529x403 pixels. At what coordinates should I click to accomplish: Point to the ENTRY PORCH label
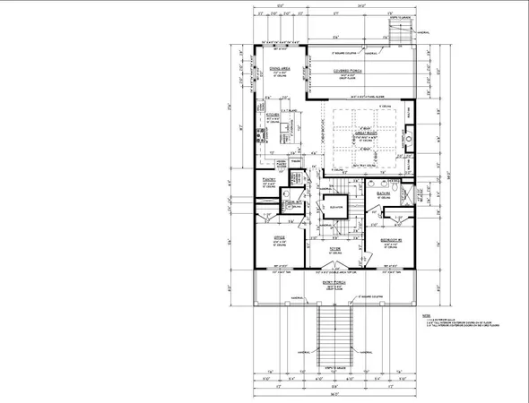[x=334, y=285]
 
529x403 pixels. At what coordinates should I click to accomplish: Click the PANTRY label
[x=268, y=180]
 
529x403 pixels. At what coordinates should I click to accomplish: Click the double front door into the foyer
[x=334, y=268]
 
